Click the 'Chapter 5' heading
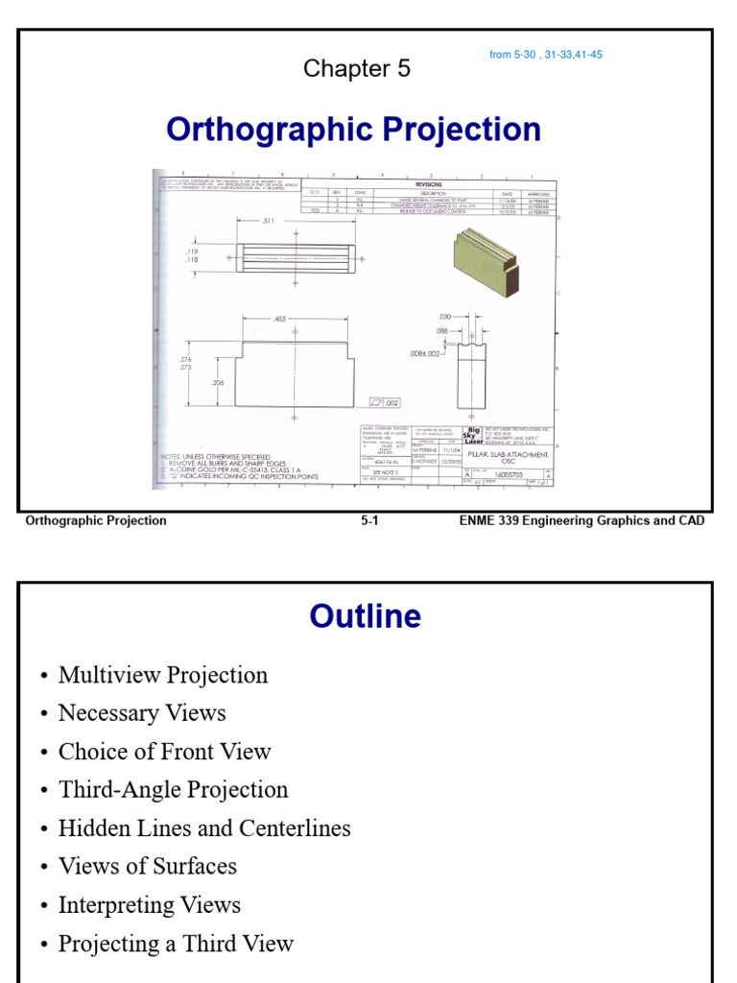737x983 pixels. pos(356,68)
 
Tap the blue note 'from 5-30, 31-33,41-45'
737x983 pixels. pos(545,55)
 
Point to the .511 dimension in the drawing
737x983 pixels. pos(269,221)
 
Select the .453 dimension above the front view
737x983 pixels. pos(279,319)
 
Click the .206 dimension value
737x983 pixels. pos(218,382)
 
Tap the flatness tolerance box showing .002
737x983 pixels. pos(386,403)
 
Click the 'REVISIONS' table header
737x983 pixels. pos(428,182)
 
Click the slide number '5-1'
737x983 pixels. pos(370,520)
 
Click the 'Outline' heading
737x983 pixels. pos(365,616)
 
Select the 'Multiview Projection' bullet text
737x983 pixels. pos(163,675)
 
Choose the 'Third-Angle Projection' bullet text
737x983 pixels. pos(173,790)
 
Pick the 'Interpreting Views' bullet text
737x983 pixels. pos(150,904)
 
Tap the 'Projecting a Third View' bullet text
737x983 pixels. pos(176,944)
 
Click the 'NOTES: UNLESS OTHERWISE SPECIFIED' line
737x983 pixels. pos(216,456)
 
